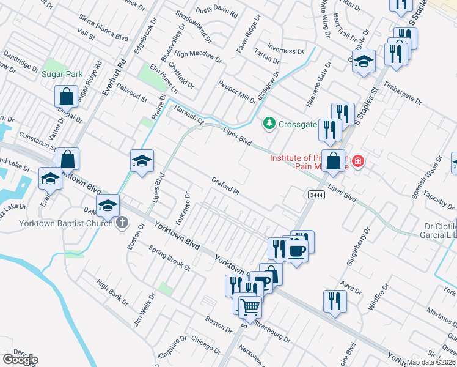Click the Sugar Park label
62,74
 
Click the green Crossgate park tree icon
269,124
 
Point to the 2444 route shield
312,194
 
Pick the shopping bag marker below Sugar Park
66,97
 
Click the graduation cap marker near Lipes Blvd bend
142,161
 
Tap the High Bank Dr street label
113,293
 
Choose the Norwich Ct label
188,114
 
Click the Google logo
20,360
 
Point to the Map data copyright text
431,362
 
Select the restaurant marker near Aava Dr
335,301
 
